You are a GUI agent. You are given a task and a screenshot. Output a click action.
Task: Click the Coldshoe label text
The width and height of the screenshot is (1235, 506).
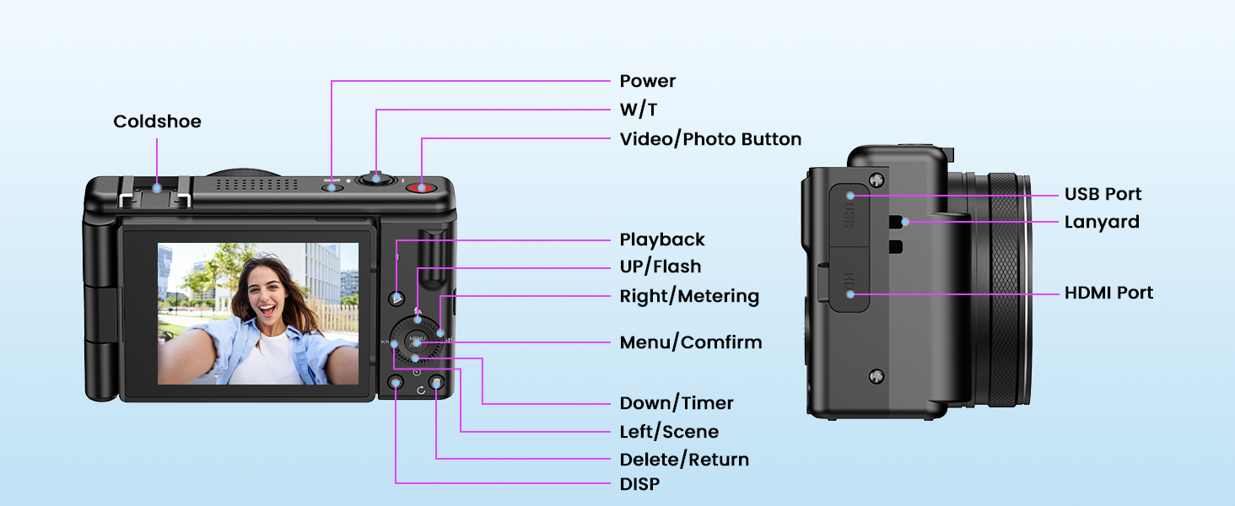coord(157,121)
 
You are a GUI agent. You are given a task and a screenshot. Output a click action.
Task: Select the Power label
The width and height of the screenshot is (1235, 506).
coord(647,81)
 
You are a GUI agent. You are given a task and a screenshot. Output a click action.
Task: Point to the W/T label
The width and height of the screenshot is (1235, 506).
coord(638,110)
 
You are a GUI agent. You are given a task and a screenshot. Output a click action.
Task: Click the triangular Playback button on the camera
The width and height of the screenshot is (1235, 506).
coord(397,298)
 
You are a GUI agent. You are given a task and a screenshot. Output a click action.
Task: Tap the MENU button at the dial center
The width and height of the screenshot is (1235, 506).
coord(416,341)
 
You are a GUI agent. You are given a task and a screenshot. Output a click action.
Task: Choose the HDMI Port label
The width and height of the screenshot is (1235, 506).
coord(1108,293)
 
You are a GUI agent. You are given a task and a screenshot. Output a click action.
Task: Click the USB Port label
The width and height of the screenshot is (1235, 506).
coord(1103,194)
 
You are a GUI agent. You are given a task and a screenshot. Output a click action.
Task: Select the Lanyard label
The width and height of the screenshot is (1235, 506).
coord(1101,222)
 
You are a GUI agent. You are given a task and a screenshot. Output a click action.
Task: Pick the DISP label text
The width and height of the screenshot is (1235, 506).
coord(639,484)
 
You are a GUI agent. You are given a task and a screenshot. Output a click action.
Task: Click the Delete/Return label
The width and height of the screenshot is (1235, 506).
coord(684,460)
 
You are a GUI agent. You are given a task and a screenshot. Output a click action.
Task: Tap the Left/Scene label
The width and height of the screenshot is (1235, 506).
coord(669,432)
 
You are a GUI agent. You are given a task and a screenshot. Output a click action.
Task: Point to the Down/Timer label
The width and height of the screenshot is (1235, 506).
coord(677,403)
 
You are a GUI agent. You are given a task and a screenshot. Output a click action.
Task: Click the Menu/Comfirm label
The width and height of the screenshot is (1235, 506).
coord(690,342)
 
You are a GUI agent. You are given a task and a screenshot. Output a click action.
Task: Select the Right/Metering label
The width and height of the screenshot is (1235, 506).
coord(689,296)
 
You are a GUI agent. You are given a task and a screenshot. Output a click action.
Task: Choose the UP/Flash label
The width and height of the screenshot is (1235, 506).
coord(660,266)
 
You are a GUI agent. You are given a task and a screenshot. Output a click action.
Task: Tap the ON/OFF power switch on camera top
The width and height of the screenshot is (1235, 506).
coord(332,186)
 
